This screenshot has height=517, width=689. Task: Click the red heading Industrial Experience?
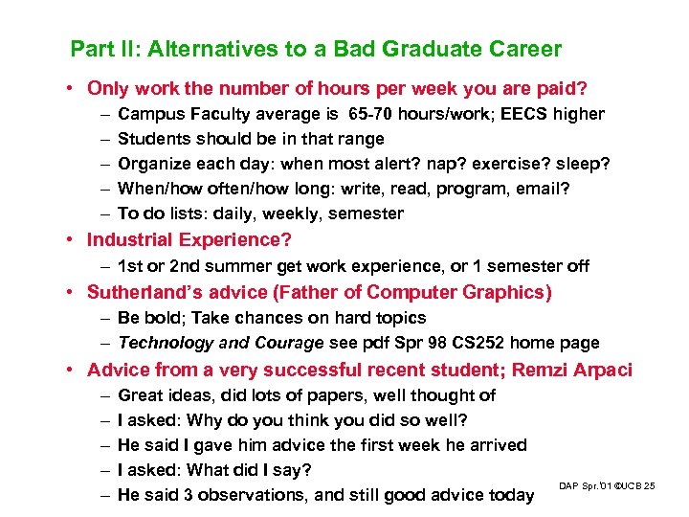click(x=189, y=239)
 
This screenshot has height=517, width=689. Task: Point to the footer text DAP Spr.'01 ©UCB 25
click(x=607, y=487)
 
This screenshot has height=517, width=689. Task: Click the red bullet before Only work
click(x=73, y=89)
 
